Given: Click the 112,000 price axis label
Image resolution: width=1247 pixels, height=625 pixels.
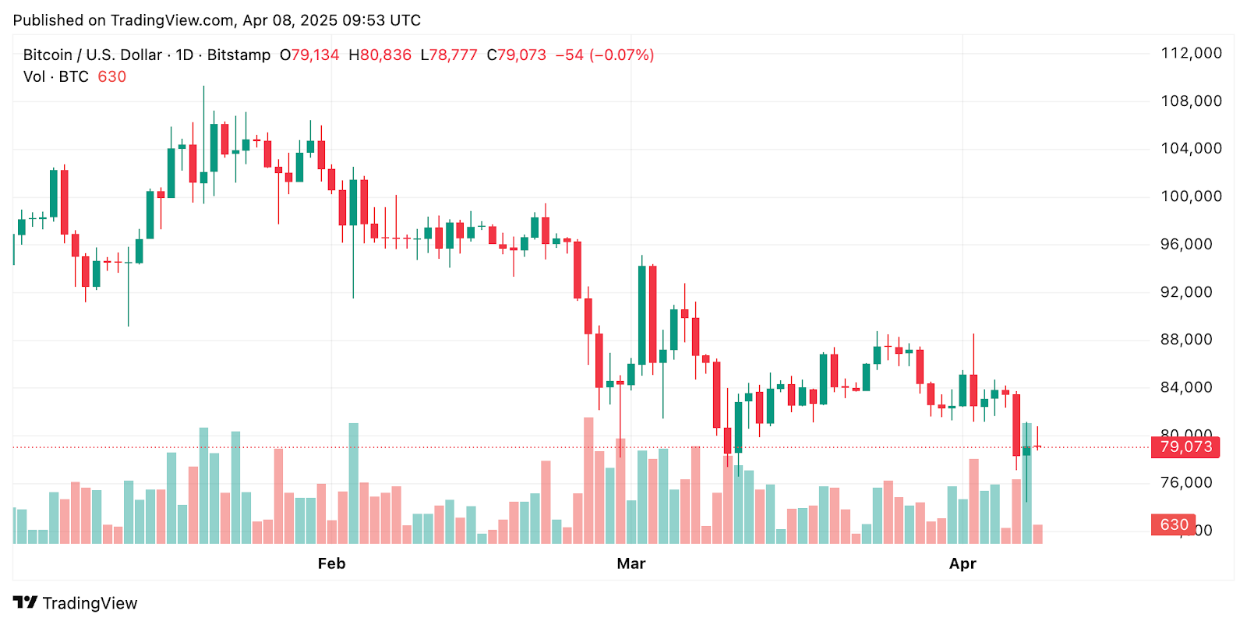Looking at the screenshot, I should click(1191, 53).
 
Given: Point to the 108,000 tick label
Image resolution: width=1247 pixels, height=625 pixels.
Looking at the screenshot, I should click(1191, 101).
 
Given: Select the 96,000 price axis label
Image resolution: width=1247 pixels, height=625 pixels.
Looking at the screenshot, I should click(1186, 244).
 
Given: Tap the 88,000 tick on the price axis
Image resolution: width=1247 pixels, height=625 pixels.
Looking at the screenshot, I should click(1186, 339).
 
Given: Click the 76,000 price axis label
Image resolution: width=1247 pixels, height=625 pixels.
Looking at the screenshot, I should click(1186, 482).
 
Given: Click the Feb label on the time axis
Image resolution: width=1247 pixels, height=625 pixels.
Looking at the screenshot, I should click(331, 563).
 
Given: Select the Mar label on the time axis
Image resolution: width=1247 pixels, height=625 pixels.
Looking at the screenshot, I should click(631, 563).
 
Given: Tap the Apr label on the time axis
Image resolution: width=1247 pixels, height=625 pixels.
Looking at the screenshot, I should click(963, 563).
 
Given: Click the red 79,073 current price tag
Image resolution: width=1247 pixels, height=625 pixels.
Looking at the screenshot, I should click(1185, 447).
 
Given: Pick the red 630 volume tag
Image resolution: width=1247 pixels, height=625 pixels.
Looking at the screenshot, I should click(1173, 524).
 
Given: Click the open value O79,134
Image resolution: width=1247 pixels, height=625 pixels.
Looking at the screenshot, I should click(309, 55).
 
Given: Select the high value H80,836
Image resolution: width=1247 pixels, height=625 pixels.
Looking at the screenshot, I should click(380, 55).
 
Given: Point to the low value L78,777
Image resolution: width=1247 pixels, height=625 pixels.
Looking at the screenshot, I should click(448, 55).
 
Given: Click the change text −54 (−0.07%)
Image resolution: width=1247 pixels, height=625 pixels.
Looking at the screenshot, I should click(604, 55).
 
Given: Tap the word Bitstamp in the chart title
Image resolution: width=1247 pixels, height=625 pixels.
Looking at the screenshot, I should click(238, 55).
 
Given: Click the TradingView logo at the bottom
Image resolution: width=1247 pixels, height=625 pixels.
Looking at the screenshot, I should click(76, 603).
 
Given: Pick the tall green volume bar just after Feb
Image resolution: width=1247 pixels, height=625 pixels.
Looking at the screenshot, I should click(353, 483).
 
